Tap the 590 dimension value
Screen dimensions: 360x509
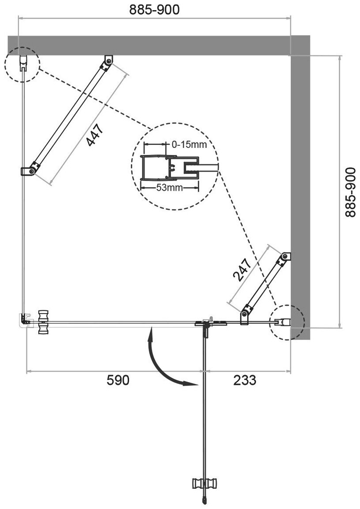(118, 380)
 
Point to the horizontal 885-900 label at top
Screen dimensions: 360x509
(155, 10)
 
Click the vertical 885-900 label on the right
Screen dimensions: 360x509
(350, 192)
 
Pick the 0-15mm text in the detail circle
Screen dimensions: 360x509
(189, 144)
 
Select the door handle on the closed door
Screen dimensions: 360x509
(43, 323)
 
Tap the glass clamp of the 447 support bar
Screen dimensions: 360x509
(30, 170)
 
